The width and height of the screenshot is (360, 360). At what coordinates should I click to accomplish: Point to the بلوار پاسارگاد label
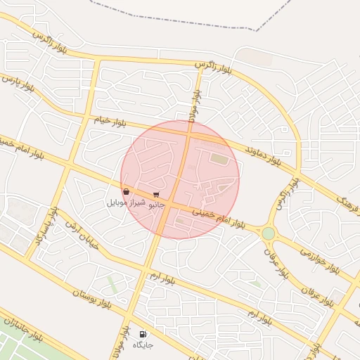[x=43, y=224]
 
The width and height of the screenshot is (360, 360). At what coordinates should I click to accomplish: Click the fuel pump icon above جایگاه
[x=143, y=334]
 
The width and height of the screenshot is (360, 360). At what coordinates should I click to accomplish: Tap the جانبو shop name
[x=155, y=204]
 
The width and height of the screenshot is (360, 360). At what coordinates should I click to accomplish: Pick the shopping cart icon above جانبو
[x=155, y=194]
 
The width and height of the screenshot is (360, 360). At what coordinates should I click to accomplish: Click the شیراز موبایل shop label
[x=126, y=202]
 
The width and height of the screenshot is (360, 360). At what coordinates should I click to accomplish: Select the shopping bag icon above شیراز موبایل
[x=126, y=191]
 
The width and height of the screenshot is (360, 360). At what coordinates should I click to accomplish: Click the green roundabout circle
[x=268, y=233]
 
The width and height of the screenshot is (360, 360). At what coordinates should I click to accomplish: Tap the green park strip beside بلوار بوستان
[x=112, y=285]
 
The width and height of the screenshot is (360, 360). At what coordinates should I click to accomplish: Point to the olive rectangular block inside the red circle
[x=219, y=160]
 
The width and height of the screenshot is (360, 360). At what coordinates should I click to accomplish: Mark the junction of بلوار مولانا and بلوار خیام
[x=188, y=127]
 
